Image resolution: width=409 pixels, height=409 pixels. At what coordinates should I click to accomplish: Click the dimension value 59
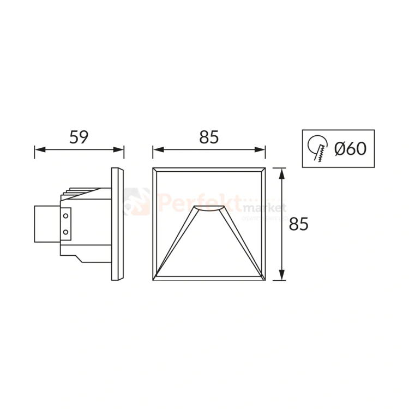coord(79,137)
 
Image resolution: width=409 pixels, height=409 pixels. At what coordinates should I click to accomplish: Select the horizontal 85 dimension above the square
coord(209,137)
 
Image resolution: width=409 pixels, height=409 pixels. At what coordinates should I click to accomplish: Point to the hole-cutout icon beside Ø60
coord(317,148)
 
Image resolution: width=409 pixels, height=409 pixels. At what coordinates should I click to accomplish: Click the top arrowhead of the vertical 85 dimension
coord(281,173)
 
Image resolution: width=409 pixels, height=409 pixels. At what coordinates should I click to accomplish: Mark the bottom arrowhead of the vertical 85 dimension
coord(281,275)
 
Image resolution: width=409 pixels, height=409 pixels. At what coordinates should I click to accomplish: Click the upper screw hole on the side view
coord(66,215)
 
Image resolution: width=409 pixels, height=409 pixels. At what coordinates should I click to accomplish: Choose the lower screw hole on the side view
coord(66,232)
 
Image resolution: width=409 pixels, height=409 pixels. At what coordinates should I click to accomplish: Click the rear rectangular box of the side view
coord(47,224)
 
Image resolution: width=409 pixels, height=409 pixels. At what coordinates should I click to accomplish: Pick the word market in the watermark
coord(264,208)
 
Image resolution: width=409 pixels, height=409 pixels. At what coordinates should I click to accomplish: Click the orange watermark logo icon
coord(136,201)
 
